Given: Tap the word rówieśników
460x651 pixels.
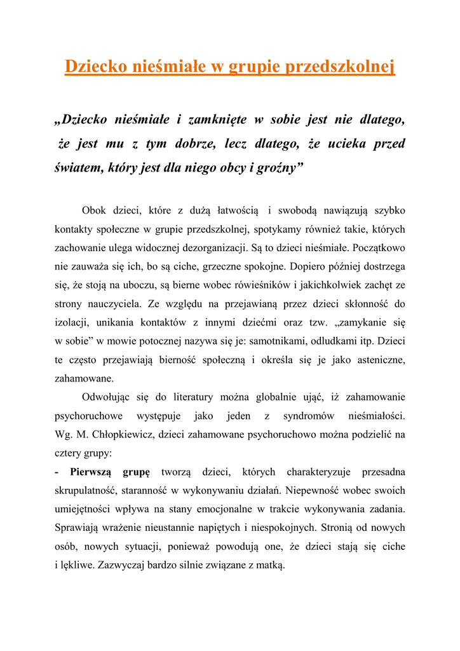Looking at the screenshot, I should pos(250,285).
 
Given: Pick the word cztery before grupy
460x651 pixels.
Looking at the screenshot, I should pos(70,454).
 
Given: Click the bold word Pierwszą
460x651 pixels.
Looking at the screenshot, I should pos(91,472).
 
